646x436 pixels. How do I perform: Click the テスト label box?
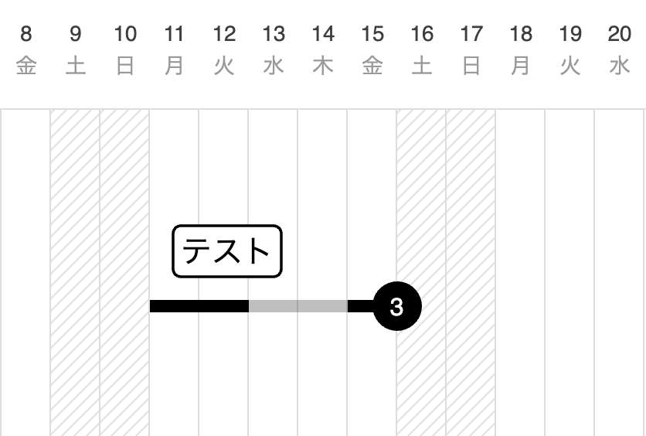click(227, 251)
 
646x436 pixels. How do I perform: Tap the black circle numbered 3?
click(397, 306)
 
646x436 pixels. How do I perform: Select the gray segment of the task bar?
click(298, 306)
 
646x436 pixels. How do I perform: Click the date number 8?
click(26, 34)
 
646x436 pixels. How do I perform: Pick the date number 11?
click(174, 34)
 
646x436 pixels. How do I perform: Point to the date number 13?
click(274, 34)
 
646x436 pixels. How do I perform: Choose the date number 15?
click(372, 34)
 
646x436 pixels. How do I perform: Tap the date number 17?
click(471, 34)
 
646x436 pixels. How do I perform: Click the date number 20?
click(619, 34)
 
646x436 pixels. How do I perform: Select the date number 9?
click(76, 34)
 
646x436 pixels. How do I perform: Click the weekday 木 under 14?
click(323, 66)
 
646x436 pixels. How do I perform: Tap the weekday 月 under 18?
click(521, 66)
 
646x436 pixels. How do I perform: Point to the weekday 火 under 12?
click(224, 66)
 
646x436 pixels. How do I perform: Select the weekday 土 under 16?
click(422, 66)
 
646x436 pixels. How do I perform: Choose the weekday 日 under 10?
click(125, 66)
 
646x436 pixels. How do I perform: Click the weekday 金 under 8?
click(26, 66)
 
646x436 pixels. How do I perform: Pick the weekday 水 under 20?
click(620, 66)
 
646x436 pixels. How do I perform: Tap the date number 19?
click(570, 34)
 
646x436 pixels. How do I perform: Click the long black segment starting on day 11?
click(199, 306)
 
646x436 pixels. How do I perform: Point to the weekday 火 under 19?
click(570, 66)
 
